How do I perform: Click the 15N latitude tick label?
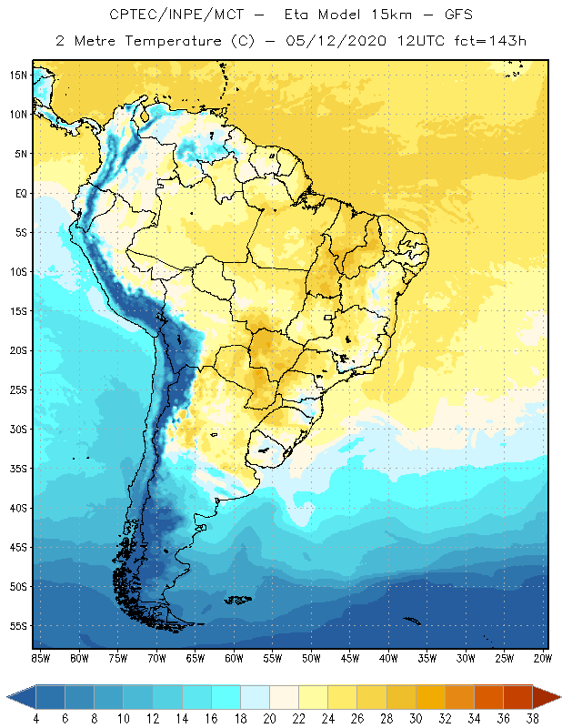click(18, 75)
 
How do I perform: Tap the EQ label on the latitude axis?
click(19, 193)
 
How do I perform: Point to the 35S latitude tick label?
click(18, 469)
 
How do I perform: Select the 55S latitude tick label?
click(18, 626)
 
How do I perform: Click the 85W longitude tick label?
click(40, 658)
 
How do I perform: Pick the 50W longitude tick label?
click(311, 658)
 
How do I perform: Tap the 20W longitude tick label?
click(542, 658)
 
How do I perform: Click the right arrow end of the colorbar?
click(547, 697)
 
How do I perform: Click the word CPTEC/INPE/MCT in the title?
click(166, 15)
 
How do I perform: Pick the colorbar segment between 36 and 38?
click(517, 697)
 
